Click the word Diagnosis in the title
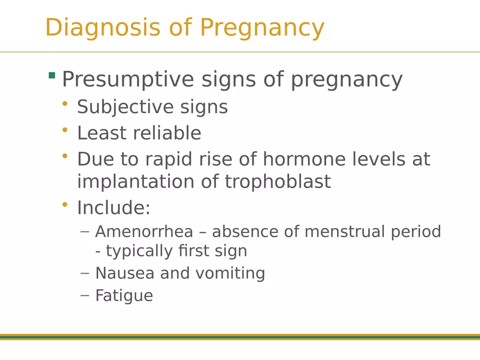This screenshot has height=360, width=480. pyautogui.click(x=103, y=28)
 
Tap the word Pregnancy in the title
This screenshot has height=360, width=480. pyautogui.click(x=262, y=28)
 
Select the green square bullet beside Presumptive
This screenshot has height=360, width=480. pyautogui.click(x=52, y=75)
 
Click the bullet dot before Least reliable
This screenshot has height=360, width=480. pyautogui.click(x=65, y=130)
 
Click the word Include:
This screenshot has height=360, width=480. pyautogui.click(x=113, y=208)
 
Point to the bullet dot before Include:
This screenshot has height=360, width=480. pyautogui.click(x=65, y=205)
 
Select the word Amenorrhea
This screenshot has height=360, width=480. pyautogui.click(x=144, y=231)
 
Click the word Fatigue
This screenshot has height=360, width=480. pyautogui.click(x=124, y=296)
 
